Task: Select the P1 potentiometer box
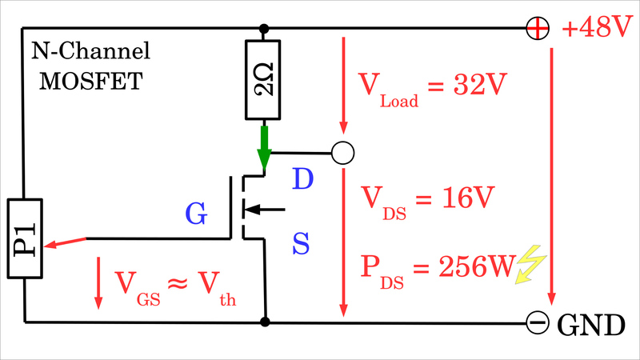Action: click(x=25, y=239)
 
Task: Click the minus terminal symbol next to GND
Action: click(x=538, y=322)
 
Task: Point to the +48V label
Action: click(x=598, y=30)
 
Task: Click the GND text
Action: click(x=590, y=324)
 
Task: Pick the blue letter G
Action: click(x=196, y=214)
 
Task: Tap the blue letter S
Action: click(x=301, y=243)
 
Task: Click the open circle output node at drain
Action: click(x=342, y=152)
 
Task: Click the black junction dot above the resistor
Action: click(x=264, y=30)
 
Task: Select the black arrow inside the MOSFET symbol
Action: click(x=262, y=210)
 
